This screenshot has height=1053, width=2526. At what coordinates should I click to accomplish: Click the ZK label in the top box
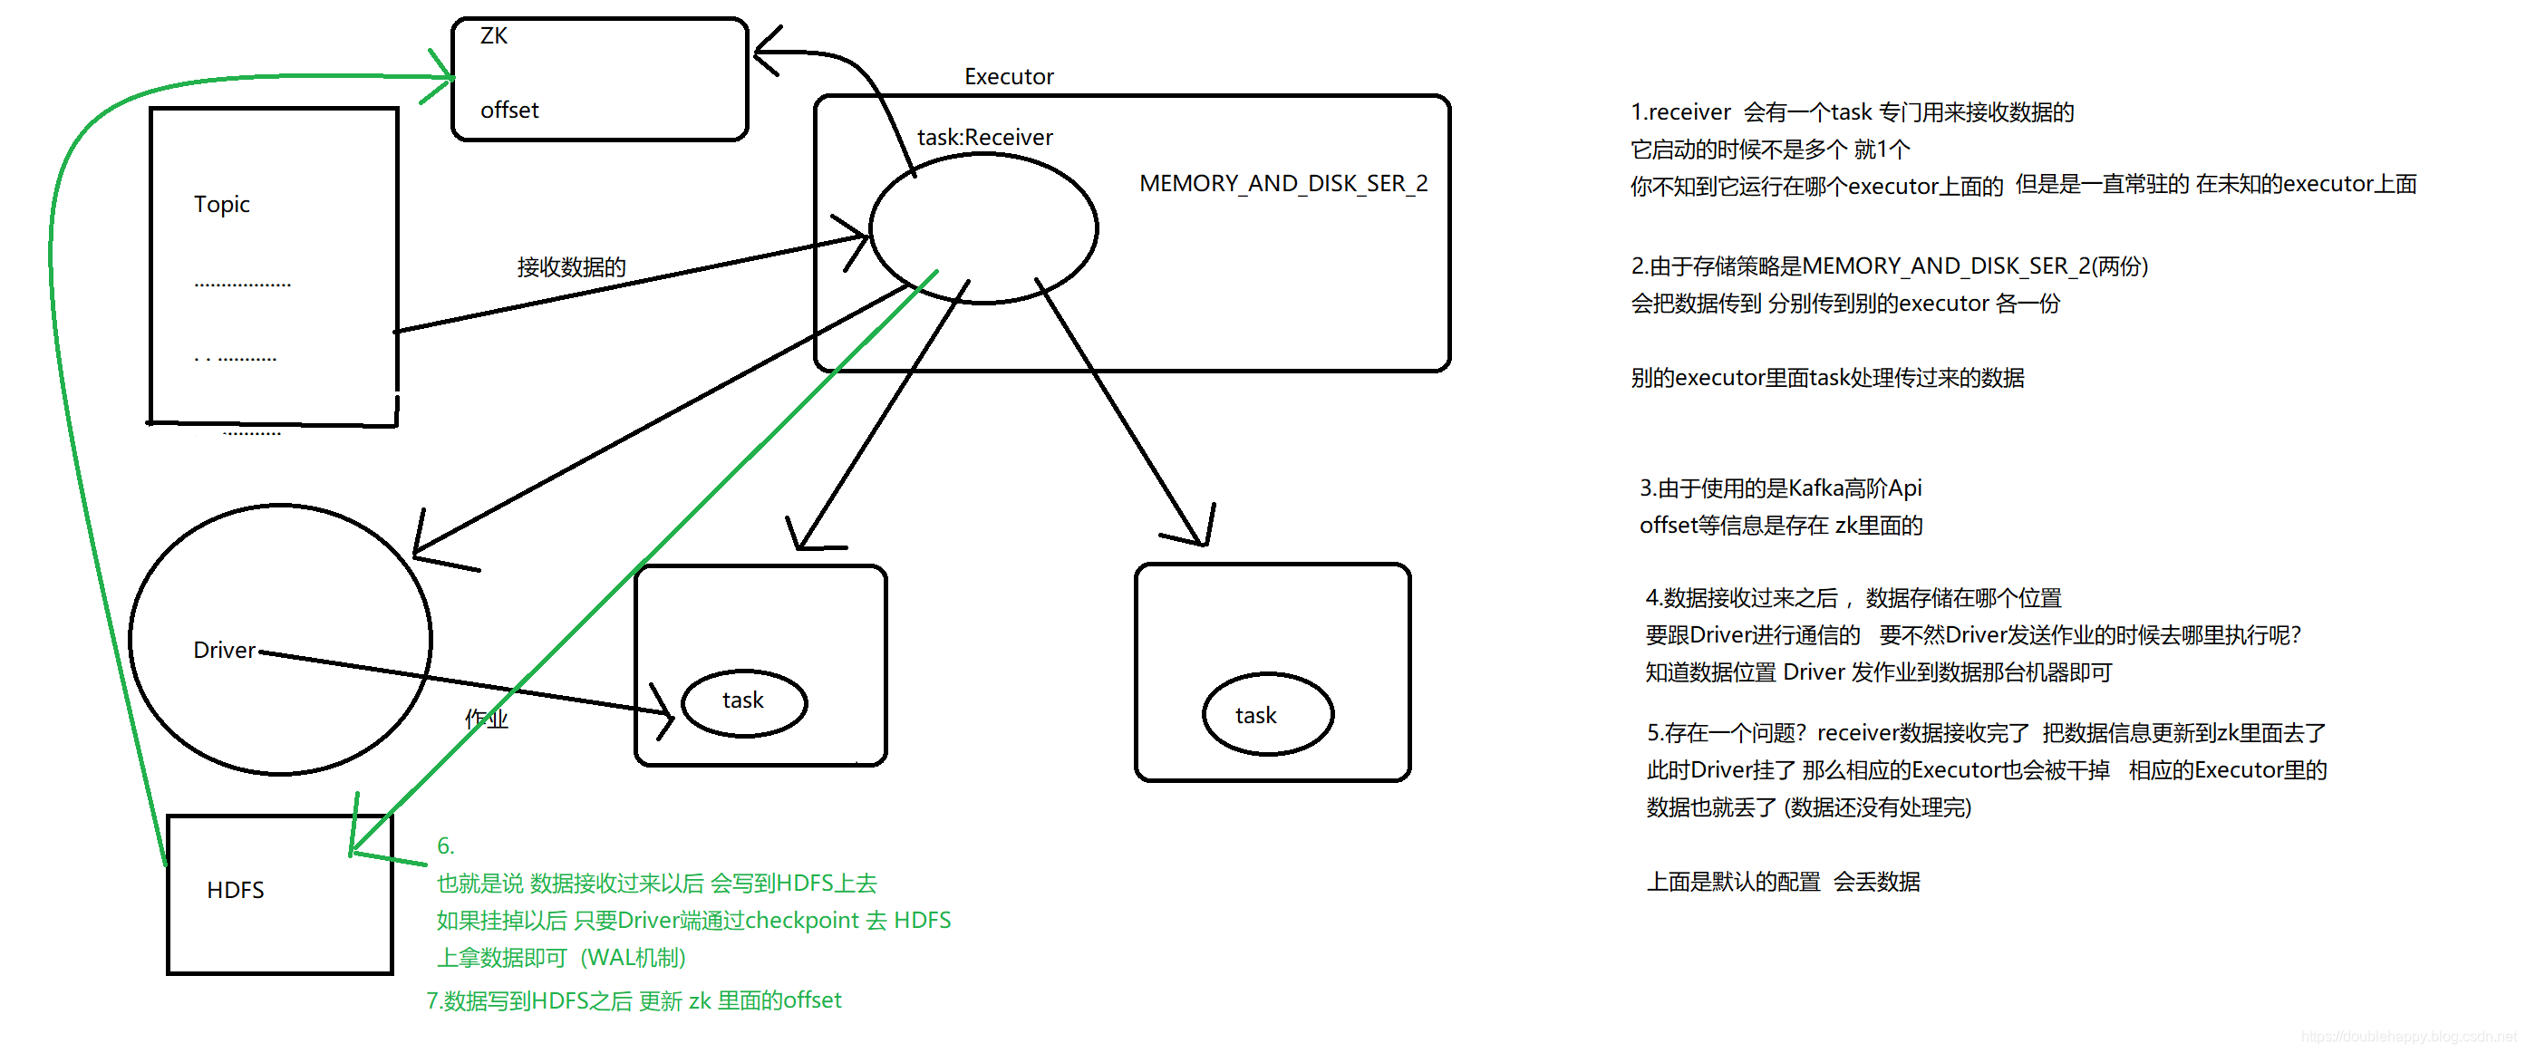[493, 36]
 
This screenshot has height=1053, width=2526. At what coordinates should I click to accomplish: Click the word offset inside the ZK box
[509, 110]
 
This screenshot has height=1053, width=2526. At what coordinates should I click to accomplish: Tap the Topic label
[222, 204]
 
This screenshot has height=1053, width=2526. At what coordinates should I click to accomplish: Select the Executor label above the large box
[1008, 76]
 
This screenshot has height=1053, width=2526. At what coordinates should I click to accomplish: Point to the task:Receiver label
[984, 137]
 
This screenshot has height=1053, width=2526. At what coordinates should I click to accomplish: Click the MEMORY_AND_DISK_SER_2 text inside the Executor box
[1282, 183]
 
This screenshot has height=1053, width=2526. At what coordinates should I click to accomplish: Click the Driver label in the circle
[224, 650]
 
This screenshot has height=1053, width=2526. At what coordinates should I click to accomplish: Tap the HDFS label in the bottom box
[236, 889]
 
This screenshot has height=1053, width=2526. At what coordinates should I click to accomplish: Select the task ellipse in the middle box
[743, 702]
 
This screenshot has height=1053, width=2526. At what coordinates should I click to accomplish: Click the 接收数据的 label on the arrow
[572, 266]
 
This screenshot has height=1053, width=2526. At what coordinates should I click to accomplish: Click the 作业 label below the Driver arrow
[487, 719]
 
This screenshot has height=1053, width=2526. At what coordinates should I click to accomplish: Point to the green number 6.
[445, 846]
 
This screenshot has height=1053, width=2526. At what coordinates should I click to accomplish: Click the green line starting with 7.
[634, 1000]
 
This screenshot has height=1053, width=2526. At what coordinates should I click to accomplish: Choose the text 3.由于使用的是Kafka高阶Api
[1780, 488]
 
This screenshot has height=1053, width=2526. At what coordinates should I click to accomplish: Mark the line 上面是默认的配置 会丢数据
[1783, 882]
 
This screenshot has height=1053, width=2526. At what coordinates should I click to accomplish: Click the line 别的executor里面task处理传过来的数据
[1827, 378]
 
